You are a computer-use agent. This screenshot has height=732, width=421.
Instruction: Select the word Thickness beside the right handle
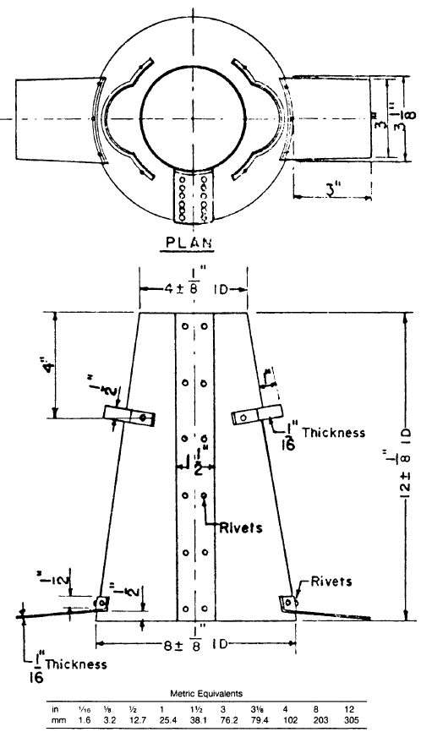point(336,432)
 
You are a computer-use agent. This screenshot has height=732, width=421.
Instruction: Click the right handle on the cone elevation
point(257,415)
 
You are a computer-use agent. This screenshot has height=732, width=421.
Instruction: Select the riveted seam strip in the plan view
point(194,199)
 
